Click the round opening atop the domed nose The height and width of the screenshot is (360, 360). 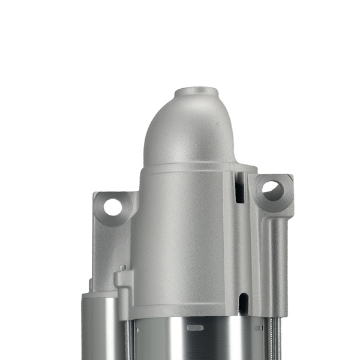tap(197, 94)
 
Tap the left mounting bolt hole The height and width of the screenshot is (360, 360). tap(112, 207)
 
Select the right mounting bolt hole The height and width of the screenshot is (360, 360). tap(273, 191)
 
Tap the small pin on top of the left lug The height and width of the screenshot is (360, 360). tap(122, 268)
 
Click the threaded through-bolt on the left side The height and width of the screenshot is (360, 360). tap(127, 339)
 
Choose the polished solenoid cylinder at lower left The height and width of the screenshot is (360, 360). tap(100, 330)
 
